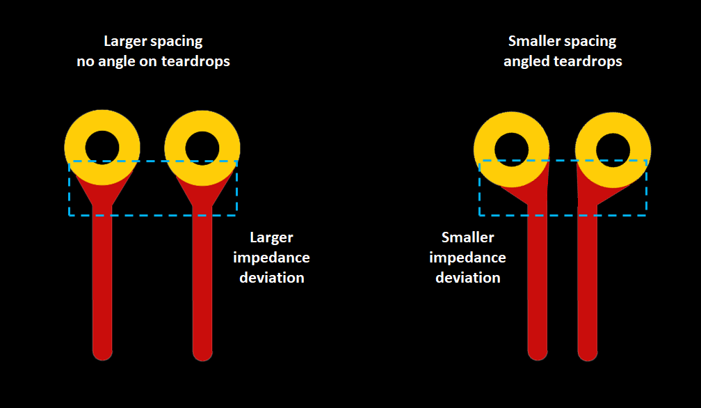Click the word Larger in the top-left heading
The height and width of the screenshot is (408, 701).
pyautogui.click(x=125, y=42)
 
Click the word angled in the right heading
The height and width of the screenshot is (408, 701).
pyautogui.click(x=526, y=61)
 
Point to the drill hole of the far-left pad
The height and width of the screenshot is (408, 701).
pyautogui.click(x=102, y=148)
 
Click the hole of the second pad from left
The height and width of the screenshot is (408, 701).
pyautogui.click(x=202, y=148)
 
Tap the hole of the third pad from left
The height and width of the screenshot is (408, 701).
pyautogui.click(x=511, y=150)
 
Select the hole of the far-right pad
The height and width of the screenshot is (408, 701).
pyautogui.click(x=613, y=150)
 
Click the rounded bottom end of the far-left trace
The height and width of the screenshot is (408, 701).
pyautogui.click(x=102, y=352)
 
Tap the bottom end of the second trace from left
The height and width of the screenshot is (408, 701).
pyautogui.click(x=202, y=352)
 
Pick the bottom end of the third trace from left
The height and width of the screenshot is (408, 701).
pyautogui.click(x=538, y=352)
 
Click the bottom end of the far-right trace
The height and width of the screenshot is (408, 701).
pyautogui.click(x=588, y=352)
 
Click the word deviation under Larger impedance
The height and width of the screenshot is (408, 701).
pyautogui.click(x=272, y=277)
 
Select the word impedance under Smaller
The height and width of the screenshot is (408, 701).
pyautogui.click(x=467, y=258)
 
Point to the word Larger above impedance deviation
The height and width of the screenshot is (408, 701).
pyautogui.click(x=271, y=238)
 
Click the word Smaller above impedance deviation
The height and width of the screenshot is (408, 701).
pyautogui.click(x=467, y=238)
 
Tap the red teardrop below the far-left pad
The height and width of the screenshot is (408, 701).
pyautogui.click(x=102, y=195)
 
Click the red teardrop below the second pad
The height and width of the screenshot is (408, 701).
pyautogui.click(x=202, y=195)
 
